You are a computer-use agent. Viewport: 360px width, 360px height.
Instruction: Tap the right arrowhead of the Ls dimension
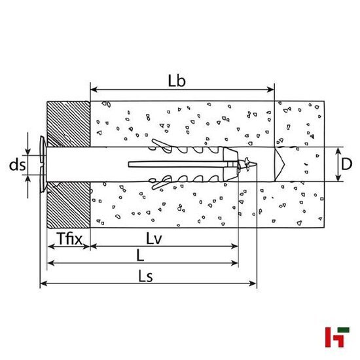click(253, 284)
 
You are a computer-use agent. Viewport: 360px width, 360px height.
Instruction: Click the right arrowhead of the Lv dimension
click(235, 247)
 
